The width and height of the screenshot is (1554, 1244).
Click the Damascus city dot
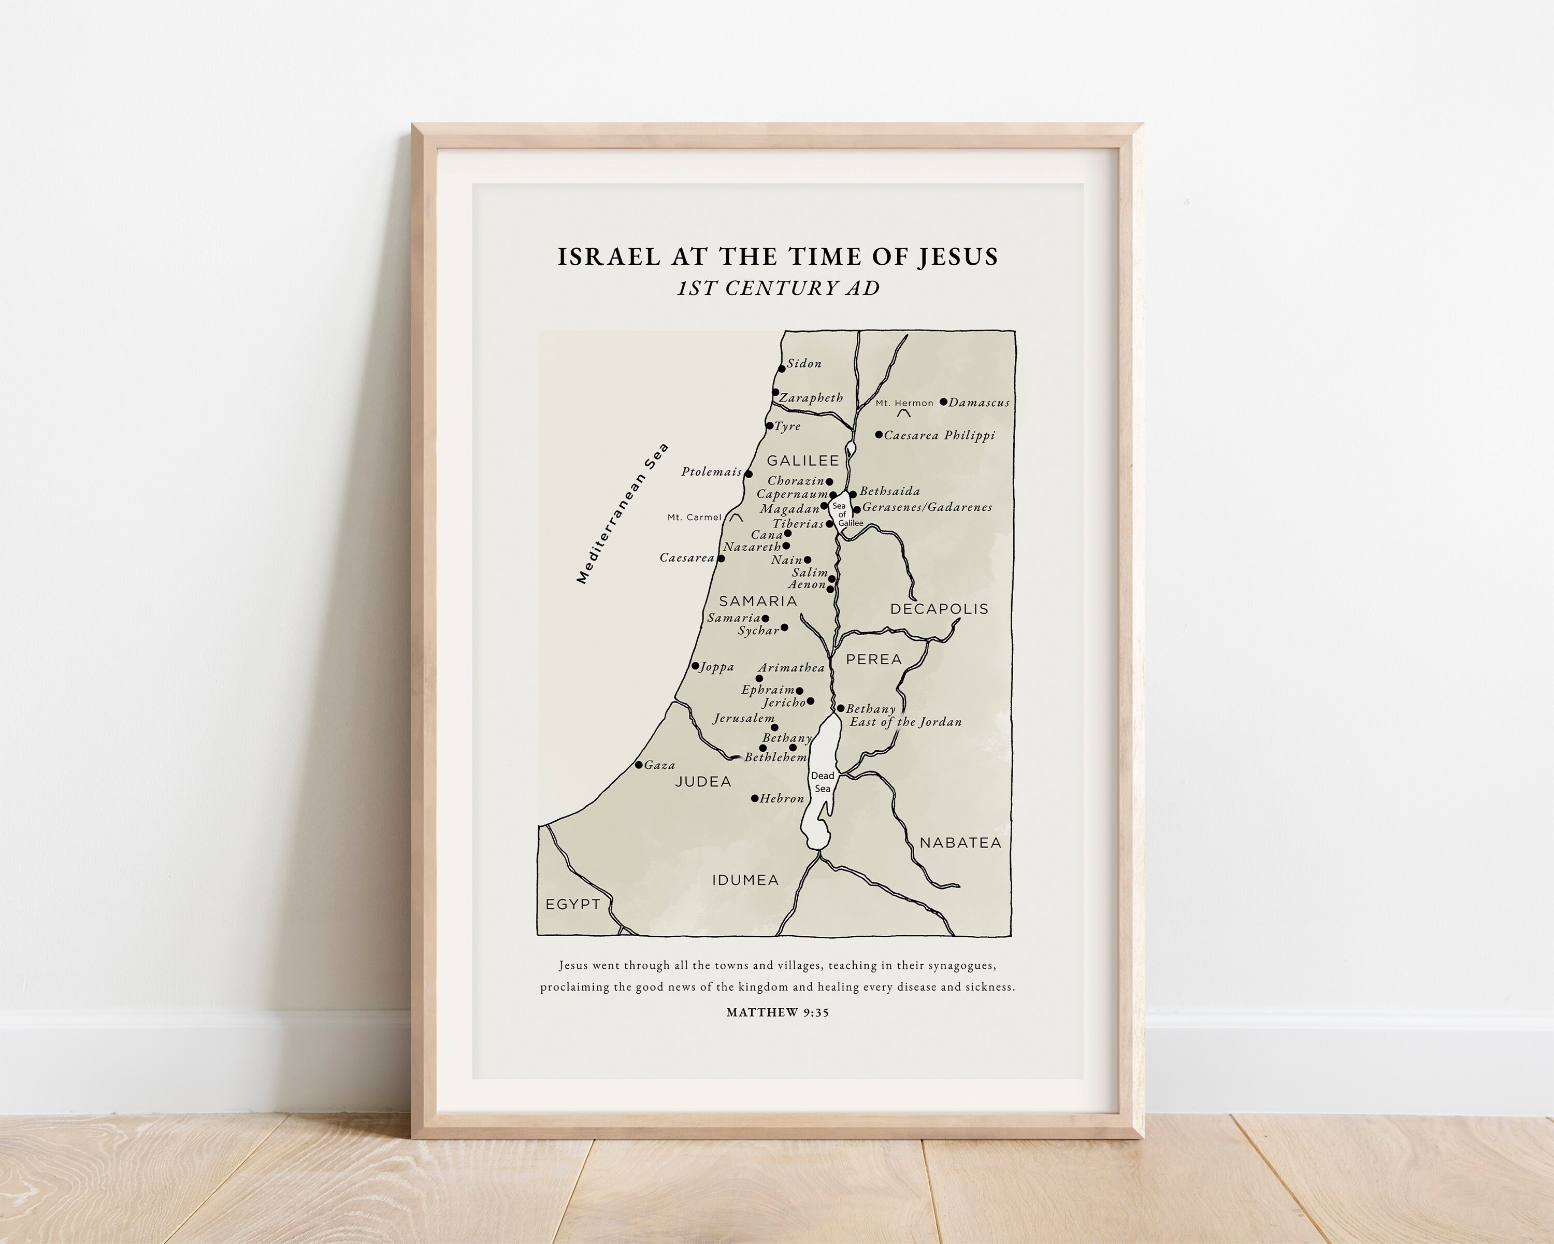[x=943, y=402]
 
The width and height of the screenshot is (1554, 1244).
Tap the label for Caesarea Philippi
[x=939, y=435]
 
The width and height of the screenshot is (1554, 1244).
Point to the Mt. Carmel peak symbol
[x=736, y=517]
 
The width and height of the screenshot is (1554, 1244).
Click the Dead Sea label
[x=823, y=782]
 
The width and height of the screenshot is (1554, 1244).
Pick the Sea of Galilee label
[x=842, y=514]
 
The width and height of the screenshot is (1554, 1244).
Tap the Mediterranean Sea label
[x=623, y=513]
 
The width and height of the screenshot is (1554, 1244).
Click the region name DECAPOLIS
[x=939, y=609]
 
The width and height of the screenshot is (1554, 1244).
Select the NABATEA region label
[x=960, y=842]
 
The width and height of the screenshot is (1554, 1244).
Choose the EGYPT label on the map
[x=573, y=905]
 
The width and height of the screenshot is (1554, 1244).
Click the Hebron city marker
[x=755, y=798]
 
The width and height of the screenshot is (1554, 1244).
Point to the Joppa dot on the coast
[x=696, y=666]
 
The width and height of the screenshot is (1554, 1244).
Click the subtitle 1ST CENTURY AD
[x=779, y=288]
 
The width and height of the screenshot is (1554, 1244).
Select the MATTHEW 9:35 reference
[x=778, y=1012]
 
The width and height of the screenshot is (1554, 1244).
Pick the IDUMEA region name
[x=745, y=880]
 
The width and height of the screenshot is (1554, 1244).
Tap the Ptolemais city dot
[x=748, y=474]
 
